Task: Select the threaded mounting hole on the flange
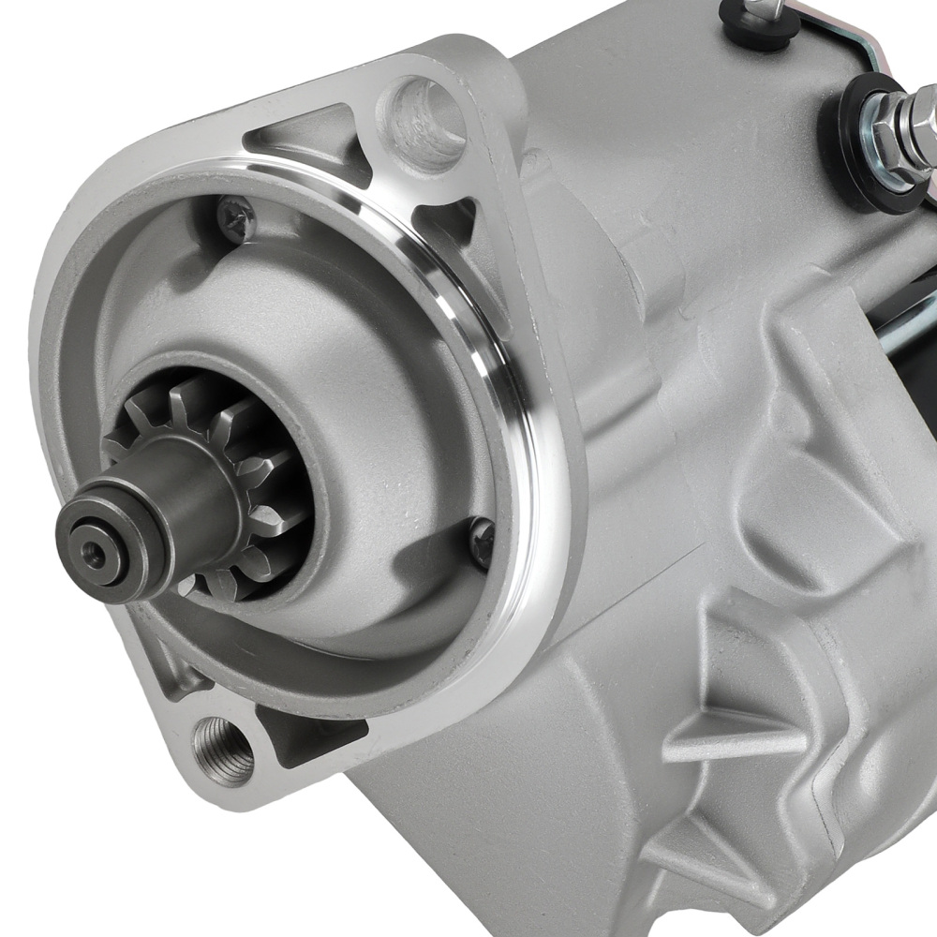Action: pos(222,750)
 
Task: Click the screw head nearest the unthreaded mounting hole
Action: pos(235,217)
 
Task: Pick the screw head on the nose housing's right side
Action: pos(483,542)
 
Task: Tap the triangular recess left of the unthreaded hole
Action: pos(300,141)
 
